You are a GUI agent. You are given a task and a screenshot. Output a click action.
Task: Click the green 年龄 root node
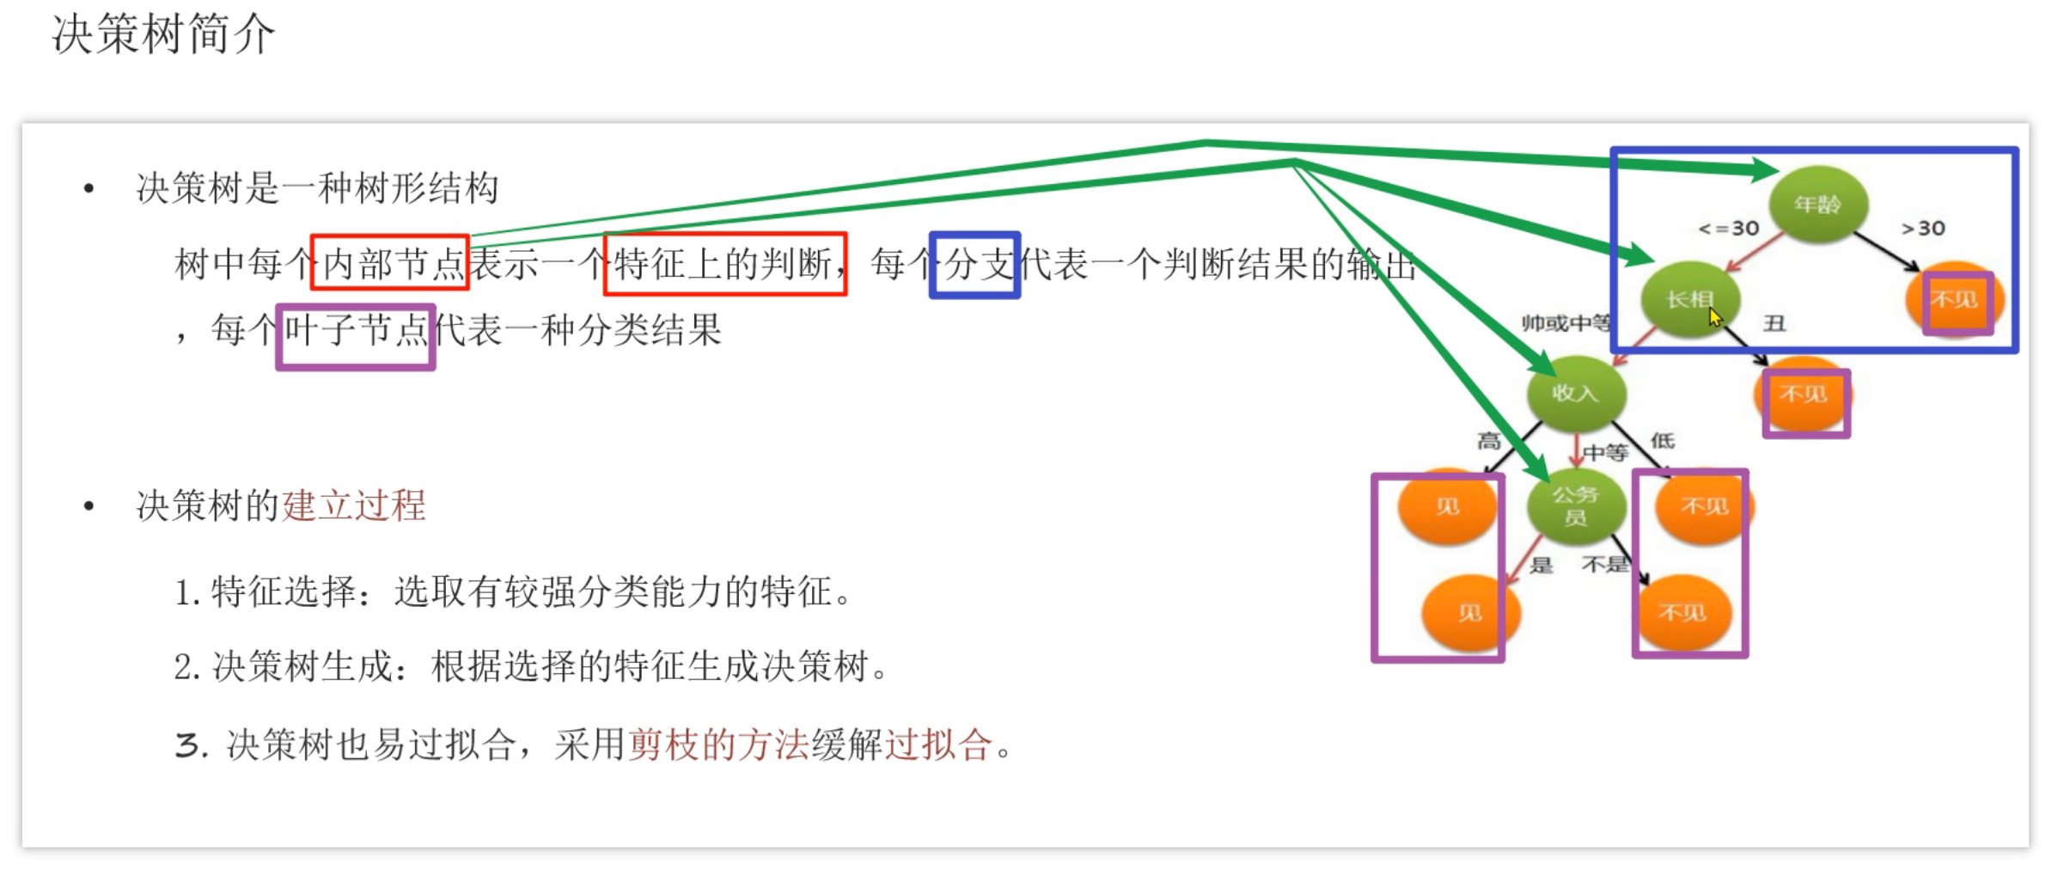coord(1817,205)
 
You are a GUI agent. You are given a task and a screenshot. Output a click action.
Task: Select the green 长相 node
coord(1689,299)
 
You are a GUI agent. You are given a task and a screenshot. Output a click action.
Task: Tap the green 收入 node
coord(1576,394)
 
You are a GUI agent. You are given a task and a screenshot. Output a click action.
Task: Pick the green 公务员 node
coord(1576,505)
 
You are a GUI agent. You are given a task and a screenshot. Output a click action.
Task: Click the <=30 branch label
coord(1729,229)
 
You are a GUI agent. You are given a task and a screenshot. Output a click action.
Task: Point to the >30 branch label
coord(1923,229)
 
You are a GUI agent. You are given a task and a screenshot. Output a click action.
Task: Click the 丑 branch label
coord(1774,323)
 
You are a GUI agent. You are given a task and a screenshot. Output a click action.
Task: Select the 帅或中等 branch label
coord(1566,323)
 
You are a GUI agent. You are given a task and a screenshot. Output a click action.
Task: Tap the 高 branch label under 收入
coord(1489,442)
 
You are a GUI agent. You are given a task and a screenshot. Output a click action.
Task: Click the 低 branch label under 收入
coord(1663,441)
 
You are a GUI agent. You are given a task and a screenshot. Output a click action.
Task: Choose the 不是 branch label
coord(1605,565)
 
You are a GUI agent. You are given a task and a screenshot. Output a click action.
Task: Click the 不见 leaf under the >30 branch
coord(1955,300)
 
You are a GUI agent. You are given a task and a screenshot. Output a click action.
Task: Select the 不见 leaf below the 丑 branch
coord(1804,395)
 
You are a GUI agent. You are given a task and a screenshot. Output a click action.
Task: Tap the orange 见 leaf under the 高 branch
coord(1448,506)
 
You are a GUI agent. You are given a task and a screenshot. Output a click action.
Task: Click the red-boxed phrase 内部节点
coord(390,262)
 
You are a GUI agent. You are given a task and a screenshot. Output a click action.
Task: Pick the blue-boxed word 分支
coord(975,265)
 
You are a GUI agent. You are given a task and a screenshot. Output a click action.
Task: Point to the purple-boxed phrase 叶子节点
coord(356,331)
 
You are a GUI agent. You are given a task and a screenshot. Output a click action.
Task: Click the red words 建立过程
coord(354,505)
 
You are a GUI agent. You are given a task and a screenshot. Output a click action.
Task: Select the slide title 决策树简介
coord(163,34)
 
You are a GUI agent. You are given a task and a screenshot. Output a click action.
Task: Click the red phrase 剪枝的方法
coord(718,744)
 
